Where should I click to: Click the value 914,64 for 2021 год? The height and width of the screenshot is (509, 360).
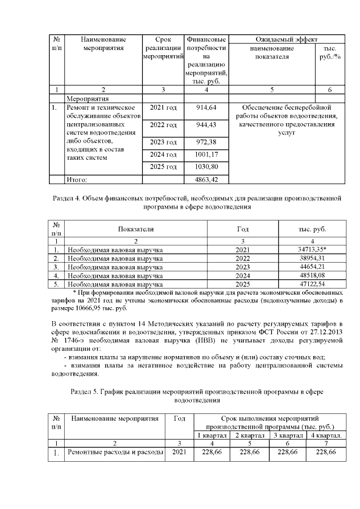click(205, 107)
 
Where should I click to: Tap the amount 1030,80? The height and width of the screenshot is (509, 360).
click(205, 167)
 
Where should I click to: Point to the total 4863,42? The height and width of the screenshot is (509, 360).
click(205, 179)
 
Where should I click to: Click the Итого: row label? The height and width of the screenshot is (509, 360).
click(79, 179)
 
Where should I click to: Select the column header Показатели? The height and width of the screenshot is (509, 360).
click(136, 229)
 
